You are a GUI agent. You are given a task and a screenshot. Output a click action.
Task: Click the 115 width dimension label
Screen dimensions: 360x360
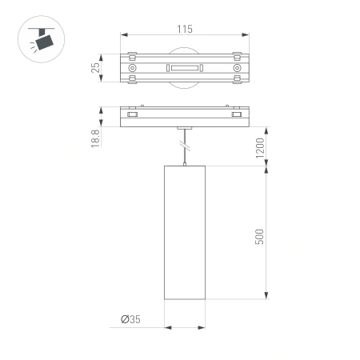point(184,29)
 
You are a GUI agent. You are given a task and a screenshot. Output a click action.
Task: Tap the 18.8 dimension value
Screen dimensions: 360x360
point(95,139)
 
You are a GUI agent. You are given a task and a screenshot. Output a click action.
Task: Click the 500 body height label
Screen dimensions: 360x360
point(259,237)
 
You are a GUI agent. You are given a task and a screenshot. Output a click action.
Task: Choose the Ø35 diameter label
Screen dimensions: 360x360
point(130,319)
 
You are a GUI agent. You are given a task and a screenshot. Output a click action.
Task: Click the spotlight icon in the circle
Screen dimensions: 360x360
point(38,37)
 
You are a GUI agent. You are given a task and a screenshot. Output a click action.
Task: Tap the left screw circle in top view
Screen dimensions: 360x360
point(133,70)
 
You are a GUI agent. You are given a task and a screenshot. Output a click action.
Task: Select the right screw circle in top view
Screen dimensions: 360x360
point(237,70)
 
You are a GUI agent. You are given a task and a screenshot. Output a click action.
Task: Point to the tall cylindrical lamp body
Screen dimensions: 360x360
point(184,234)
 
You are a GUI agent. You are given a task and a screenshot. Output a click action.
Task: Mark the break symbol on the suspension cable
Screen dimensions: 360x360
point(185,146)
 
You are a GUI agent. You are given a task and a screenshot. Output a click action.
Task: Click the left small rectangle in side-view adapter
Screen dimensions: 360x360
point(132,116)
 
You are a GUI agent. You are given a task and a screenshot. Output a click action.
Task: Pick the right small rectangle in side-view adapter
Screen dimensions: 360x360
point(237,116)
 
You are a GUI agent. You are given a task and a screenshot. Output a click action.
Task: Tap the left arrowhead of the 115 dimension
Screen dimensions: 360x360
point(122,35)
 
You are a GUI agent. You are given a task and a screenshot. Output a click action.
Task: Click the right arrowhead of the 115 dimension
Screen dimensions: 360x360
point(246,35)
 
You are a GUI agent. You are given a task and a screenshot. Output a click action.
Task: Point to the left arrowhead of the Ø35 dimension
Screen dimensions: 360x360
point(166,326)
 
